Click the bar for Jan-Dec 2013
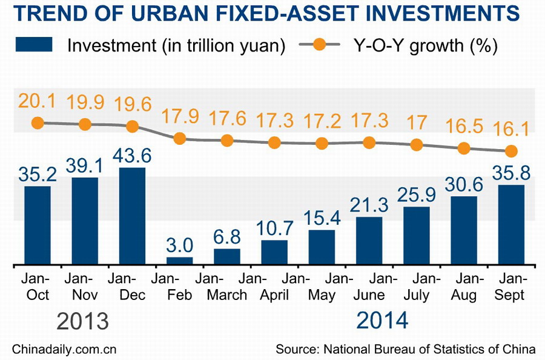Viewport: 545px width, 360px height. [x=132, y=216]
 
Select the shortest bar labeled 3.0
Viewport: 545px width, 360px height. [x=179, y=261]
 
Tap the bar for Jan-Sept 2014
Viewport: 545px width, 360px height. [x=510, y=225]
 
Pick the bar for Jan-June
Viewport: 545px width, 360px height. [x=369, y=241]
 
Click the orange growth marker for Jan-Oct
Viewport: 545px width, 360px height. [x=38, y=122]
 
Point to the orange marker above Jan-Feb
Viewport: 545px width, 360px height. [x=179, y=138]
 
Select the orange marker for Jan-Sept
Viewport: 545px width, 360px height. [x=510, y=150]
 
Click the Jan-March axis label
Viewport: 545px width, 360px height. [x=227, y=287]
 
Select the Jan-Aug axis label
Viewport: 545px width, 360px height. [x=463, y=287]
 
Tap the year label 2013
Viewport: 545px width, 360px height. [x=84, y=321]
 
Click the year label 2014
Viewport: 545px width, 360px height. [x=382, y=321]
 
